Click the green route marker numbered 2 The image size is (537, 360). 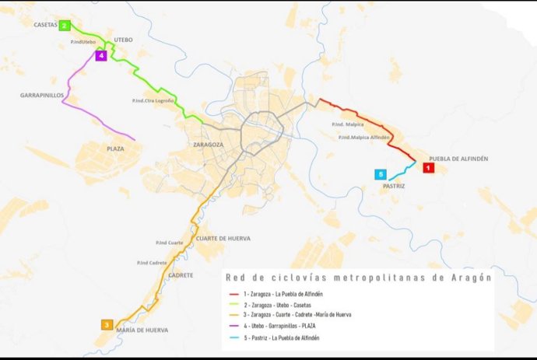[x=65, y=26]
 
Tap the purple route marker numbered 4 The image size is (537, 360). [x=101, y=55]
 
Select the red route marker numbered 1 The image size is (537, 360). [x=428, y=167]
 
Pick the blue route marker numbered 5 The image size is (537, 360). [x=381, y=175]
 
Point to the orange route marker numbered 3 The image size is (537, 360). [x=107, y=324]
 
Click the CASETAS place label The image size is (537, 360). [x=45, y=25]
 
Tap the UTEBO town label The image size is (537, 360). [x=124, y=39]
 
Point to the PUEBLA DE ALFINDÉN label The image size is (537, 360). [x=458, y=159]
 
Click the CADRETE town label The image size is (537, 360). [x=181, y=275]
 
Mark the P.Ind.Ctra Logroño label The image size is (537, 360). [x=152, y=101]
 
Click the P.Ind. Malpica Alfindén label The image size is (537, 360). [x=364, y=138]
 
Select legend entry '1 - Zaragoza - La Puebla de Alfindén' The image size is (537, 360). [x=276, y=293]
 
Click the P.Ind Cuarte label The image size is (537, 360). [x=169, y=243]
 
